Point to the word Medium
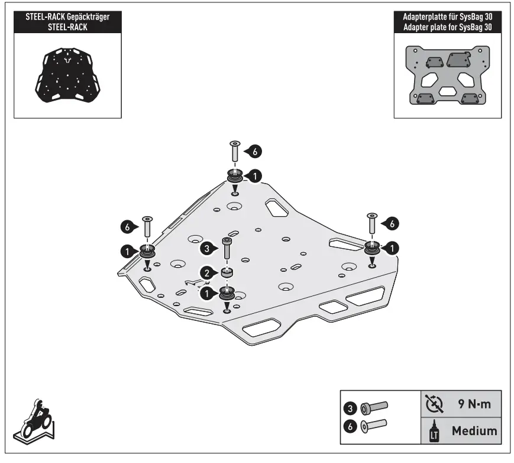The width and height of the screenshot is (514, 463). click(474, 430)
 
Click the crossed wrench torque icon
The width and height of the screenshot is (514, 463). click(434, 404)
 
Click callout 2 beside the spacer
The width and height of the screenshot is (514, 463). click(206, 272)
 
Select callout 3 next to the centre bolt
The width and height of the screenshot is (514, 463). click(205, 247)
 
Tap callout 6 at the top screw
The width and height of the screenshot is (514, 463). click(254, 152)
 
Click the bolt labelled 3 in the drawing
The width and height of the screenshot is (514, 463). click(225, 249)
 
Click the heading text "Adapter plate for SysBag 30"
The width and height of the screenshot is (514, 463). click(447, 28)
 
